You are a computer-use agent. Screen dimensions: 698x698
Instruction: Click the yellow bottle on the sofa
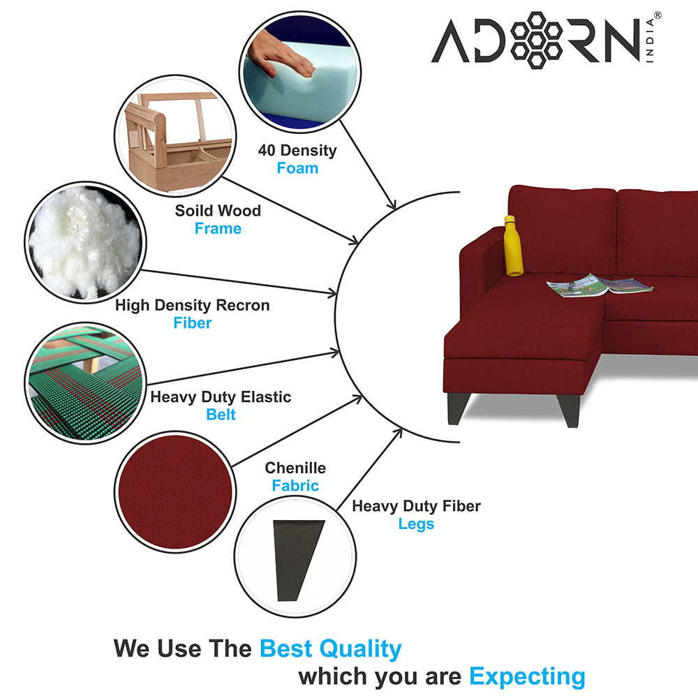(513, 246)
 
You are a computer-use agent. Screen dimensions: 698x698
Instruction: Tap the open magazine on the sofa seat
(599, 285)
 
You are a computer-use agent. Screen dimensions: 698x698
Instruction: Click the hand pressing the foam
(280, 54)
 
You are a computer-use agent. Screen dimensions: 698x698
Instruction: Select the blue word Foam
(297, 168)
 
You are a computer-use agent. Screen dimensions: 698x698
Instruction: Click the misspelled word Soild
(193, 211)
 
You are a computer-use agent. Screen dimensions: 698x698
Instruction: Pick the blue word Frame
(218, 228)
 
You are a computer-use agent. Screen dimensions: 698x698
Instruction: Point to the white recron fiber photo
(85, 243)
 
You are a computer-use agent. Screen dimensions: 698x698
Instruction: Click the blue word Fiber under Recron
(193, 322)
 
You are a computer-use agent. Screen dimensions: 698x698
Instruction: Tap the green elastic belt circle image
(85, 383)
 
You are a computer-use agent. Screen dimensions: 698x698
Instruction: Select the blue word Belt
(221, 415)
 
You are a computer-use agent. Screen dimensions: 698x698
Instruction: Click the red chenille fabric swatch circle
(175, 491)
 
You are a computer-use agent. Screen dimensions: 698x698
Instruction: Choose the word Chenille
(295, 468)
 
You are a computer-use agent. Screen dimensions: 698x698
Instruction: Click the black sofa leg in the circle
(298, 560)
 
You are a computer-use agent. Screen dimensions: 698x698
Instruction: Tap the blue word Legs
(416, 524)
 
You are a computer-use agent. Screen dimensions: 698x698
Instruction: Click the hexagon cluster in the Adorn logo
(536, 40)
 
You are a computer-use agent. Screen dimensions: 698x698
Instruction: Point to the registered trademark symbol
(658, 15)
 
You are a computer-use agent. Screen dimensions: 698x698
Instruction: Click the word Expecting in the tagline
(528, 677)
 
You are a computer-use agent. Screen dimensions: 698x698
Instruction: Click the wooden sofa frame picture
(175, 136)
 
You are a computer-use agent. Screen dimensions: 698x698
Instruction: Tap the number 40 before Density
(267, 151)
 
